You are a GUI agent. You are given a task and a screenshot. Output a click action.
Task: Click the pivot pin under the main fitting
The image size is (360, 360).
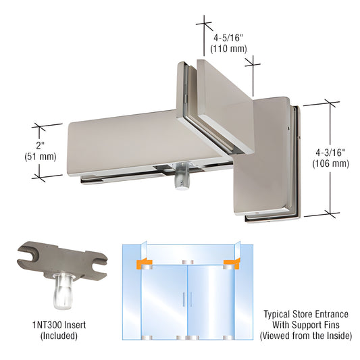click(180, 179)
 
